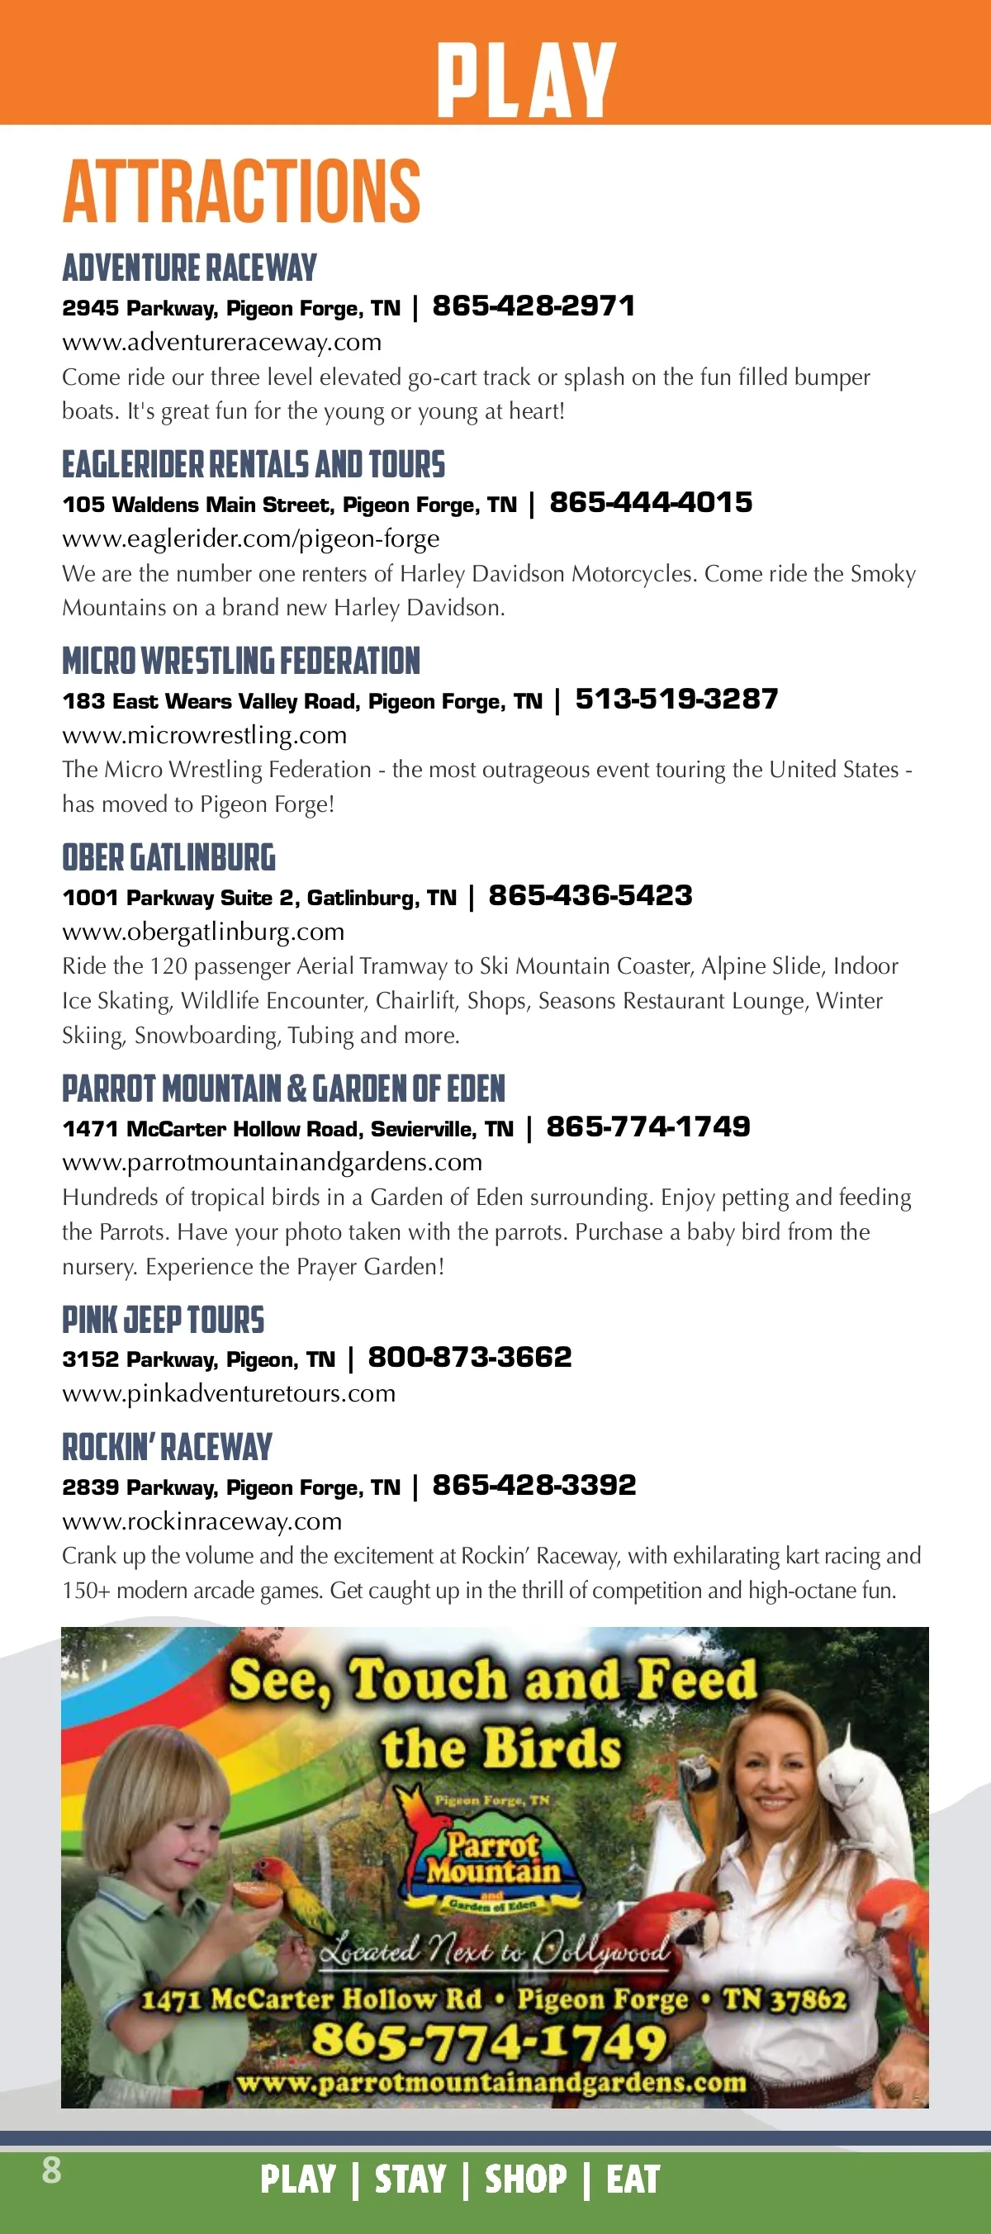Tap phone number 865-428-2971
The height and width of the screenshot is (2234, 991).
(533, 306)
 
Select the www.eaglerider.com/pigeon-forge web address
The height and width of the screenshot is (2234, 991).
(250, 538)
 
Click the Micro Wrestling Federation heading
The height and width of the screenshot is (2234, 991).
(241, 661)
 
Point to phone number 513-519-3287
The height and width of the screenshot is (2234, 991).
(676, 699)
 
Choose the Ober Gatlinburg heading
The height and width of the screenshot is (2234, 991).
(168, 858)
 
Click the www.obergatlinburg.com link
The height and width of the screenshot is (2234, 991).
(203, 932)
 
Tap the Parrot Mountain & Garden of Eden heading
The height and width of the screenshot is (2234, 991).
(283, 1089)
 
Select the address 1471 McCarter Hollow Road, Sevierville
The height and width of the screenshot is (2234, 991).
(287, 1128)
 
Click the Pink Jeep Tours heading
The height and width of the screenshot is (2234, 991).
(163, 1320)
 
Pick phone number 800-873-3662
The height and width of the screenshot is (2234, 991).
(470, 1357)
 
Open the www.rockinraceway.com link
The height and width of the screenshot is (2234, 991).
(202, 1521)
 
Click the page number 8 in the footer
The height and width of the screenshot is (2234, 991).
(52, 2170)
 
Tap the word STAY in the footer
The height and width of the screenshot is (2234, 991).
(410, 2179)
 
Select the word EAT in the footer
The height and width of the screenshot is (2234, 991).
(633, 2179)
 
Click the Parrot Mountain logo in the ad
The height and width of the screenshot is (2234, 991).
(491, 1856)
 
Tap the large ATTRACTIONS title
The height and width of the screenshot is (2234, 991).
(241, 191)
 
